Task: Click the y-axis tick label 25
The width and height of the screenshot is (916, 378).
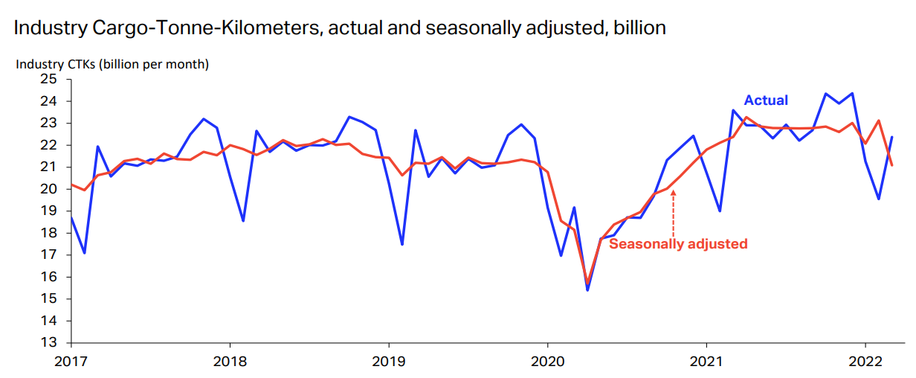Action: click(48, 79)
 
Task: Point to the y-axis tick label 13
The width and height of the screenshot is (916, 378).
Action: click(48, 343)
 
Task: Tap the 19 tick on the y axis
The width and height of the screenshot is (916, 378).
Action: click(48, 211)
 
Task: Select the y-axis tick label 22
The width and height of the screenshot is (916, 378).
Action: click(48, 145)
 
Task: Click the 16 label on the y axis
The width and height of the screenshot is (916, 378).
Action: click(48, 277)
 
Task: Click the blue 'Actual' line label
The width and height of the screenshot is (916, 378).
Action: click(766, 100)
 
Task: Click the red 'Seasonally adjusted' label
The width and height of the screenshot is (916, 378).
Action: click(678, 243)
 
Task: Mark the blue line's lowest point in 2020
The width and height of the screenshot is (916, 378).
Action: click(587, 289)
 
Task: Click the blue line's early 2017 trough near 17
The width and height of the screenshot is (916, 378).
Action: click(85, 253)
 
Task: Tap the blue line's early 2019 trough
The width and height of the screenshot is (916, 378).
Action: click(401, 244)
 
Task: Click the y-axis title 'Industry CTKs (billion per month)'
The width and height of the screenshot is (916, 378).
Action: click(112, 64)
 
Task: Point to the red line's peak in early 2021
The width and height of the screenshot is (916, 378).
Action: click(746, 117)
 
